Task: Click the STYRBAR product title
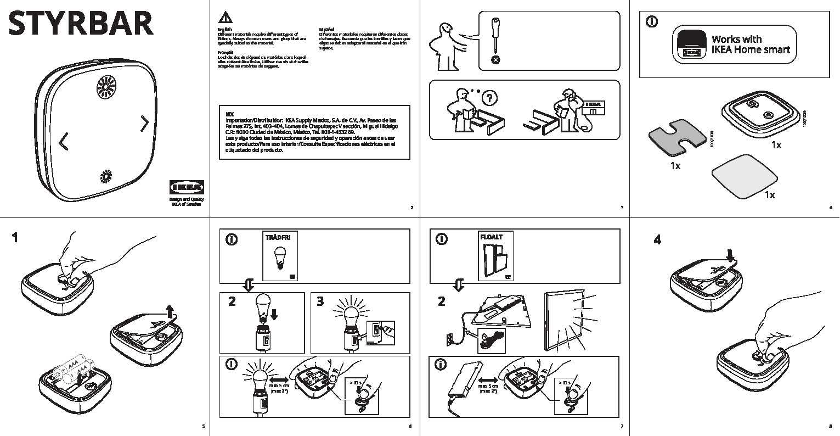click(81, 24)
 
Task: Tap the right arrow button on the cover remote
click(144, 124)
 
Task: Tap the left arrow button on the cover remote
click(64, 142)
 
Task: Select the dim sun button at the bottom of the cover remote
click(105, 177)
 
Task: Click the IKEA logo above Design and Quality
click(186, 187)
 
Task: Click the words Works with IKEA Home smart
click(750, 44)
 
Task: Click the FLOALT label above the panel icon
click(491, 237)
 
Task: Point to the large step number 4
click(658, 239)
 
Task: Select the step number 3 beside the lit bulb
click(320, 301)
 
